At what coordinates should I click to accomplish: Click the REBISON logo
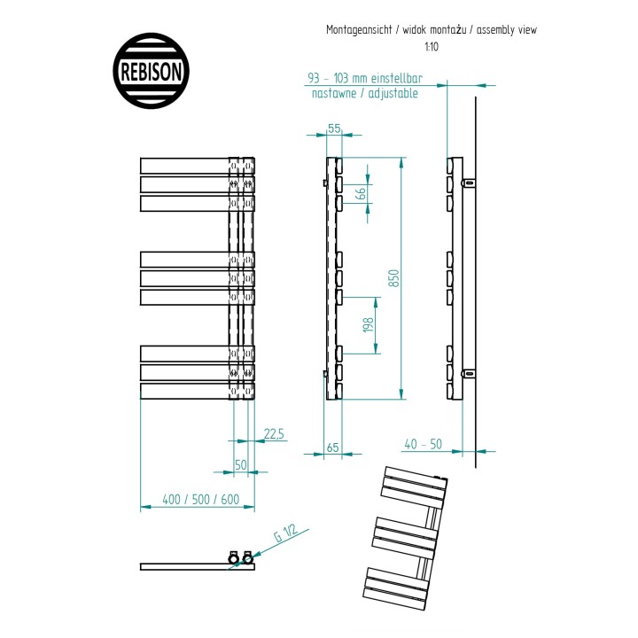[151, 71]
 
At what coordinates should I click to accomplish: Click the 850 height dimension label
[393, 278]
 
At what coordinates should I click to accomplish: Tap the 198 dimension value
[368, 325]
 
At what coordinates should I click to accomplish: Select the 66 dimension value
[361, 192]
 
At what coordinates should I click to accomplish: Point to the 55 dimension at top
[334, 128]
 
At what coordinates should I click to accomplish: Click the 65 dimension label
[333, 447]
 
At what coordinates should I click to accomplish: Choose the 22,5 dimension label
[274, 433]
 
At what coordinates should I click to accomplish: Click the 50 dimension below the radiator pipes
[241, 464]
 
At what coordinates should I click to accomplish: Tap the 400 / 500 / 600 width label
[200, 499]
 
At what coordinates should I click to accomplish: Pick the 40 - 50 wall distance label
[424, 444]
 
